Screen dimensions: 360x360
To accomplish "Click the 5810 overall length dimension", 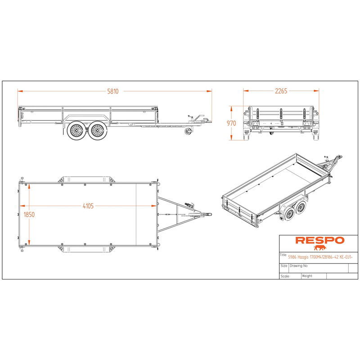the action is coord(113,91).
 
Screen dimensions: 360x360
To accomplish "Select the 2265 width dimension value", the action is coord(281,91).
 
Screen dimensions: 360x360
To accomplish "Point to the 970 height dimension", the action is coord(231,123).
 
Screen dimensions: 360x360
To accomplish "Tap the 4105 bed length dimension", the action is coord(88,206).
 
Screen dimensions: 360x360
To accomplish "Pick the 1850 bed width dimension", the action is coord(29,215).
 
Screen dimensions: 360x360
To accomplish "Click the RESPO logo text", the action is coord(320,240).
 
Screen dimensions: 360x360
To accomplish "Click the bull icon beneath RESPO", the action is coord(320,247).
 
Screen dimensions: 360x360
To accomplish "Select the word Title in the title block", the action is coord(283,255).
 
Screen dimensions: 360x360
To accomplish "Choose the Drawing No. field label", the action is coord(299,265).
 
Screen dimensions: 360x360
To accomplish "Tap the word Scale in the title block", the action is coord(285,276).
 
